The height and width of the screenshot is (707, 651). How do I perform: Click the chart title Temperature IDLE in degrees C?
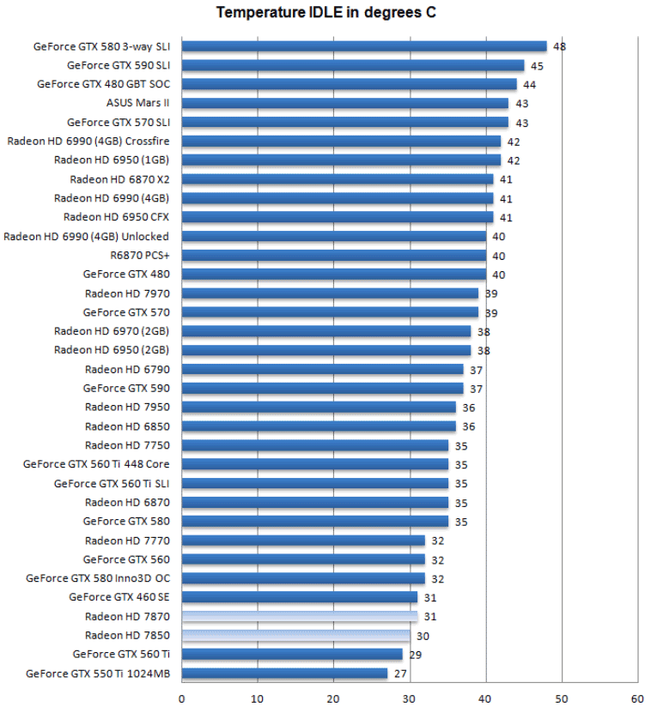(325, 12)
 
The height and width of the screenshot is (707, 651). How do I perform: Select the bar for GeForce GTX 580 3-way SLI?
(364, 46)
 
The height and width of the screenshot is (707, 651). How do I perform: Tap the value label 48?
(559, 46)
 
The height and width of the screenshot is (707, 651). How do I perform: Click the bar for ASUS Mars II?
(345, 103)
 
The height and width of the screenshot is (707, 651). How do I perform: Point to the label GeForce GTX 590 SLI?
(118, 65)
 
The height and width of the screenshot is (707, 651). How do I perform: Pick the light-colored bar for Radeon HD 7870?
(300, 616)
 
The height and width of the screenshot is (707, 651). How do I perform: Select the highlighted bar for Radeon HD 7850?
(296, 636)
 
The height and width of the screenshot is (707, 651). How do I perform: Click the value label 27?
(399, 674)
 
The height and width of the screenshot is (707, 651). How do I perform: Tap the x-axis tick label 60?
(636, 698)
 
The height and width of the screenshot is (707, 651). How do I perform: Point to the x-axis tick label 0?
(182, 698)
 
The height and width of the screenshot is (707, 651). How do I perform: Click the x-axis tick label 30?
(410, 698)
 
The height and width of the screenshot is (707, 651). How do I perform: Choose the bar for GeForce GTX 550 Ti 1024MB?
(284, 674)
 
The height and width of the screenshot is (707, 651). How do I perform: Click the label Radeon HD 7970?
(127, 293)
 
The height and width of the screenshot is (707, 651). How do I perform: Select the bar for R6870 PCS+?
(334, 256)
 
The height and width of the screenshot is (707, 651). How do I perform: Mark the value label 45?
(536, 65)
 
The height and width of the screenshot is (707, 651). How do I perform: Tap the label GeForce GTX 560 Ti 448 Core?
(96, 464)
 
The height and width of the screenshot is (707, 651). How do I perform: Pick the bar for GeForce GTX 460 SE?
(300, 597)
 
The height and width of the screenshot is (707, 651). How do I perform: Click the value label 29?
(415, 655)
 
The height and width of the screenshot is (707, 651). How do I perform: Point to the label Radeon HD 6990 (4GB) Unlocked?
(86, 237)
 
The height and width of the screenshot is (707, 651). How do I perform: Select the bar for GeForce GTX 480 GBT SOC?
(349, 84)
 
